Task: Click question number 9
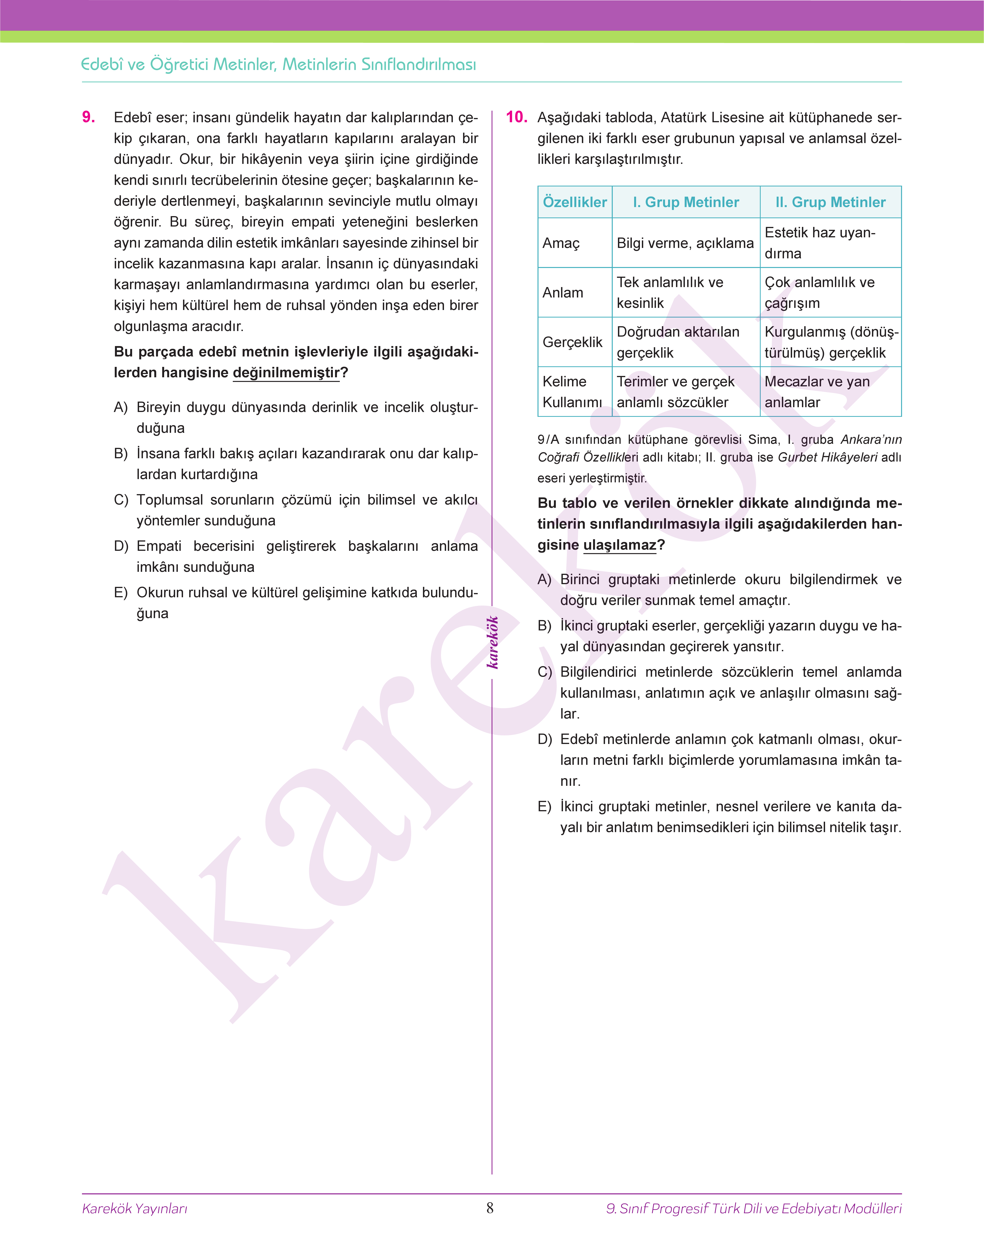[89, 117]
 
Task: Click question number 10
[516, 117]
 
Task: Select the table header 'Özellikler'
[574, 202]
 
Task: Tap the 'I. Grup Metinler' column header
[686, 202]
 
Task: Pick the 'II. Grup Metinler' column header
[830, 202]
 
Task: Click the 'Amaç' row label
[560, 243]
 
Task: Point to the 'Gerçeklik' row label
[572, 342]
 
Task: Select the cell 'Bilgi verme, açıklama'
[685, 243]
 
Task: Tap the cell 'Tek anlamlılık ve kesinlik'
[669, 292]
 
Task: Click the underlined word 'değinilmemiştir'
[286, 372]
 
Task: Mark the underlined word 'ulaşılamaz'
[620, 545]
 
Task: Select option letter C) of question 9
[121, 500]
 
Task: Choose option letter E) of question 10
[544, 807]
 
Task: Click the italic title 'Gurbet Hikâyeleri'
[827, 457]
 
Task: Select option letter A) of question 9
[121, 408]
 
